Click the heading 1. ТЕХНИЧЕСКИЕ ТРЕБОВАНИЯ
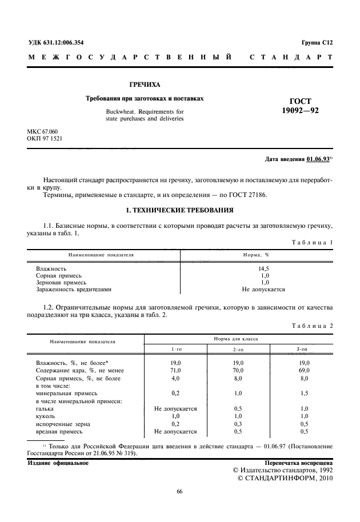click(179, 210)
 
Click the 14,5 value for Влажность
click(264, 268)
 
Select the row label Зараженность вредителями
click(74, 290)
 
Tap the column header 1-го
click(176, 349)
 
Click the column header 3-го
click(304, 349)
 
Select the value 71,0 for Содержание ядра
click(176, 371)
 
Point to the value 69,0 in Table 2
click(304, 371)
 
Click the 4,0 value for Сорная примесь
click(176, 378)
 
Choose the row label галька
click(45, 409)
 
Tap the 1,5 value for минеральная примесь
click(304, 393)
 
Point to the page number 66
click(179, 492)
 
